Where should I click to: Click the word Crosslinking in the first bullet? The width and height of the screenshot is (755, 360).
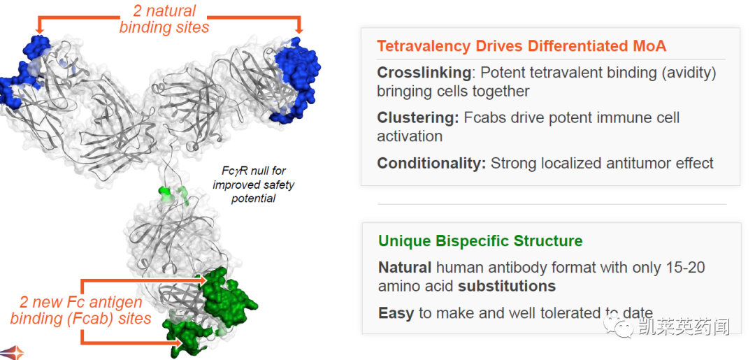coord(424,73)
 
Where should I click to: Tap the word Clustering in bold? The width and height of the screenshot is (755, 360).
coord(418,118)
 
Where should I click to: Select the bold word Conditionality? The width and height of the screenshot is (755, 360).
coord(431,164)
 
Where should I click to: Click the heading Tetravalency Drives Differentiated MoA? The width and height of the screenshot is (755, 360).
coord(522,46)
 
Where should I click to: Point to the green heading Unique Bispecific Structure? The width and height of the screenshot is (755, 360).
coord(480,240)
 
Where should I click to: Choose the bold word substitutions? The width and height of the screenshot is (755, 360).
coord(507,287)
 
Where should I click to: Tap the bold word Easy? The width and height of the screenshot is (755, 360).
coord(396,313)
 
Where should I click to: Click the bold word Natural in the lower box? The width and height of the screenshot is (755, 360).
coord(405,267)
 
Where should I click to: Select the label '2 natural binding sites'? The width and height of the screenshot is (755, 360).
coord(165,19)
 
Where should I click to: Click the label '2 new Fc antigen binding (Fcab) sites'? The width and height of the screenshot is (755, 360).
coord(81,310)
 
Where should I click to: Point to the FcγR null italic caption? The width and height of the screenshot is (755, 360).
coord(253,185)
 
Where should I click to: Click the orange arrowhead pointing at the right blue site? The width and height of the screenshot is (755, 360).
coord(299,31)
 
